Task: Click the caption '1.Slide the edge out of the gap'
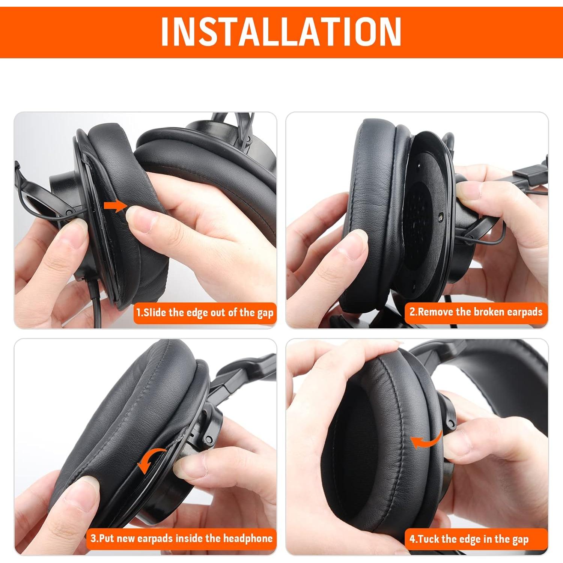(x=205, y=313)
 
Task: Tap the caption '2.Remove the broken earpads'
(x=476, y=312)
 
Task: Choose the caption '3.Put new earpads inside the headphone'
(x=182, y=539)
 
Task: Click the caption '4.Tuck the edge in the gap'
(x=469, y=539)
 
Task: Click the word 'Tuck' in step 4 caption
(x=429, y=539)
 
